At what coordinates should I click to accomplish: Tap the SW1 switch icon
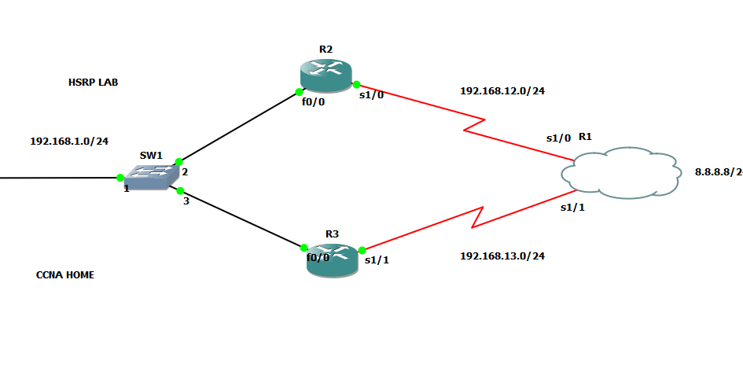pos(150,177)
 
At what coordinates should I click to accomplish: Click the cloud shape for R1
pos(621,172)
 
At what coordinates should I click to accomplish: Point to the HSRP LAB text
pos(93,82)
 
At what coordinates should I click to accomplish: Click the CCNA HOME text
pos(65,275)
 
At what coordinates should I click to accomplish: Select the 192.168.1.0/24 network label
pos(69,142)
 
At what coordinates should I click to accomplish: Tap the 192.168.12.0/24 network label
pos(502,91)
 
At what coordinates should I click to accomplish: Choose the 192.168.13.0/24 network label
pos(502,256)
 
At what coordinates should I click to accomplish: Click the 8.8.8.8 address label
pos(717,171)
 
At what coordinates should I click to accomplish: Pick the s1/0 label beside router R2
pos(371,96)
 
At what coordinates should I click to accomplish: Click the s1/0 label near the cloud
pos(558,138)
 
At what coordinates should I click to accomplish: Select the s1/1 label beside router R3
pos(377,261)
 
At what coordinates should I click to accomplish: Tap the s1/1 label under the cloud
pos(572,208)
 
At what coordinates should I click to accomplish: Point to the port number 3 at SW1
pos(186,201)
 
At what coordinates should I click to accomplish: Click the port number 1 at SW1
pos(126,189)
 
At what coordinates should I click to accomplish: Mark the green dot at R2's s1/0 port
pos(356,84)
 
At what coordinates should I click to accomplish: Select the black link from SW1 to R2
pos(236,128)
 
